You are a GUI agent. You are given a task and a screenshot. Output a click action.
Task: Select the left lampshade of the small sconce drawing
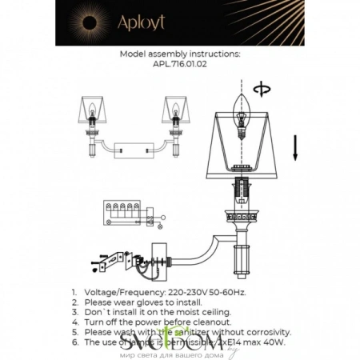coord(96,108)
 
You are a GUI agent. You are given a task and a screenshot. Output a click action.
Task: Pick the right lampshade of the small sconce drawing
coord(177,108)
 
